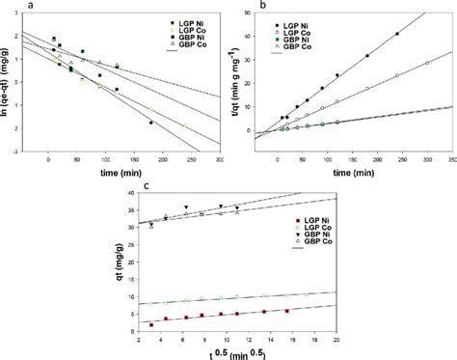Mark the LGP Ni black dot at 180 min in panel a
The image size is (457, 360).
[x=151, y=123]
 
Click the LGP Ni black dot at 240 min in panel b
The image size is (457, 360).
[x=397, y=34]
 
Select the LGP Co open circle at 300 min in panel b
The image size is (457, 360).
[x=427, y=64]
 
